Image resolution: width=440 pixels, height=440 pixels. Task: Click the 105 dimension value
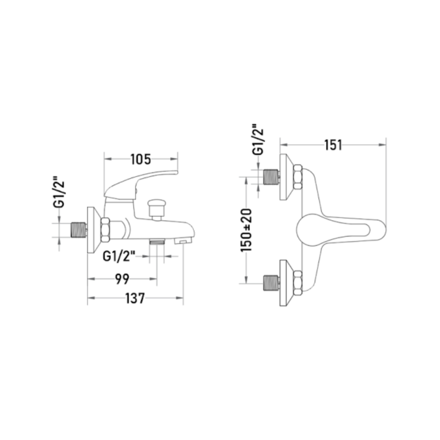[x=141, y=159]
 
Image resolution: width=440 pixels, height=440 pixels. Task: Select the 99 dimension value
[x=122, y=279]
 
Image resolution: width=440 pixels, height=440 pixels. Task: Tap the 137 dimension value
[x=135, y=298]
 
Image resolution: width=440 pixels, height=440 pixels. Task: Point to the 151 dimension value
[x=333, y=145]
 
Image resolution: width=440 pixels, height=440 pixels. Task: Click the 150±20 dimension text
[x=246, y=230]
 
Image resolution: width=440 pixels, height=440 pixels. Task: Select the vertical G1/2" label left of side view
[x=59, y=192]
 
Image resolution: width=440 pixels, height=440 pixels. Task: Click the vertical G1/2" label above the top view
[x=258, y=139]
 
